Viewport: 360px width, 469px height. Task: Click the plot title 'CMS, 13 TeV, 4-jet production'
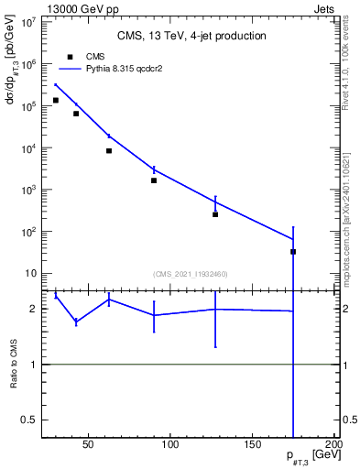[x=192, y=36]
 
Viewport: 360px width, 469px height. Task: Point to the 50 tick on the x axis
[x=89, y=446]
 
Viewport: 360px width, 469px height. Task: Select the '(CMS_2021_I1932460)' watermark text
[x=191, y=274]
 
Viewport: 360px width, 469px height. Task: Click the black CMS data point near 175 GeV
[x=293, y=251]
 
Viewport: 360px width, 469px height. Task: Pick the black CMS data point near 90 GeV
[x=154, y=180]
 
